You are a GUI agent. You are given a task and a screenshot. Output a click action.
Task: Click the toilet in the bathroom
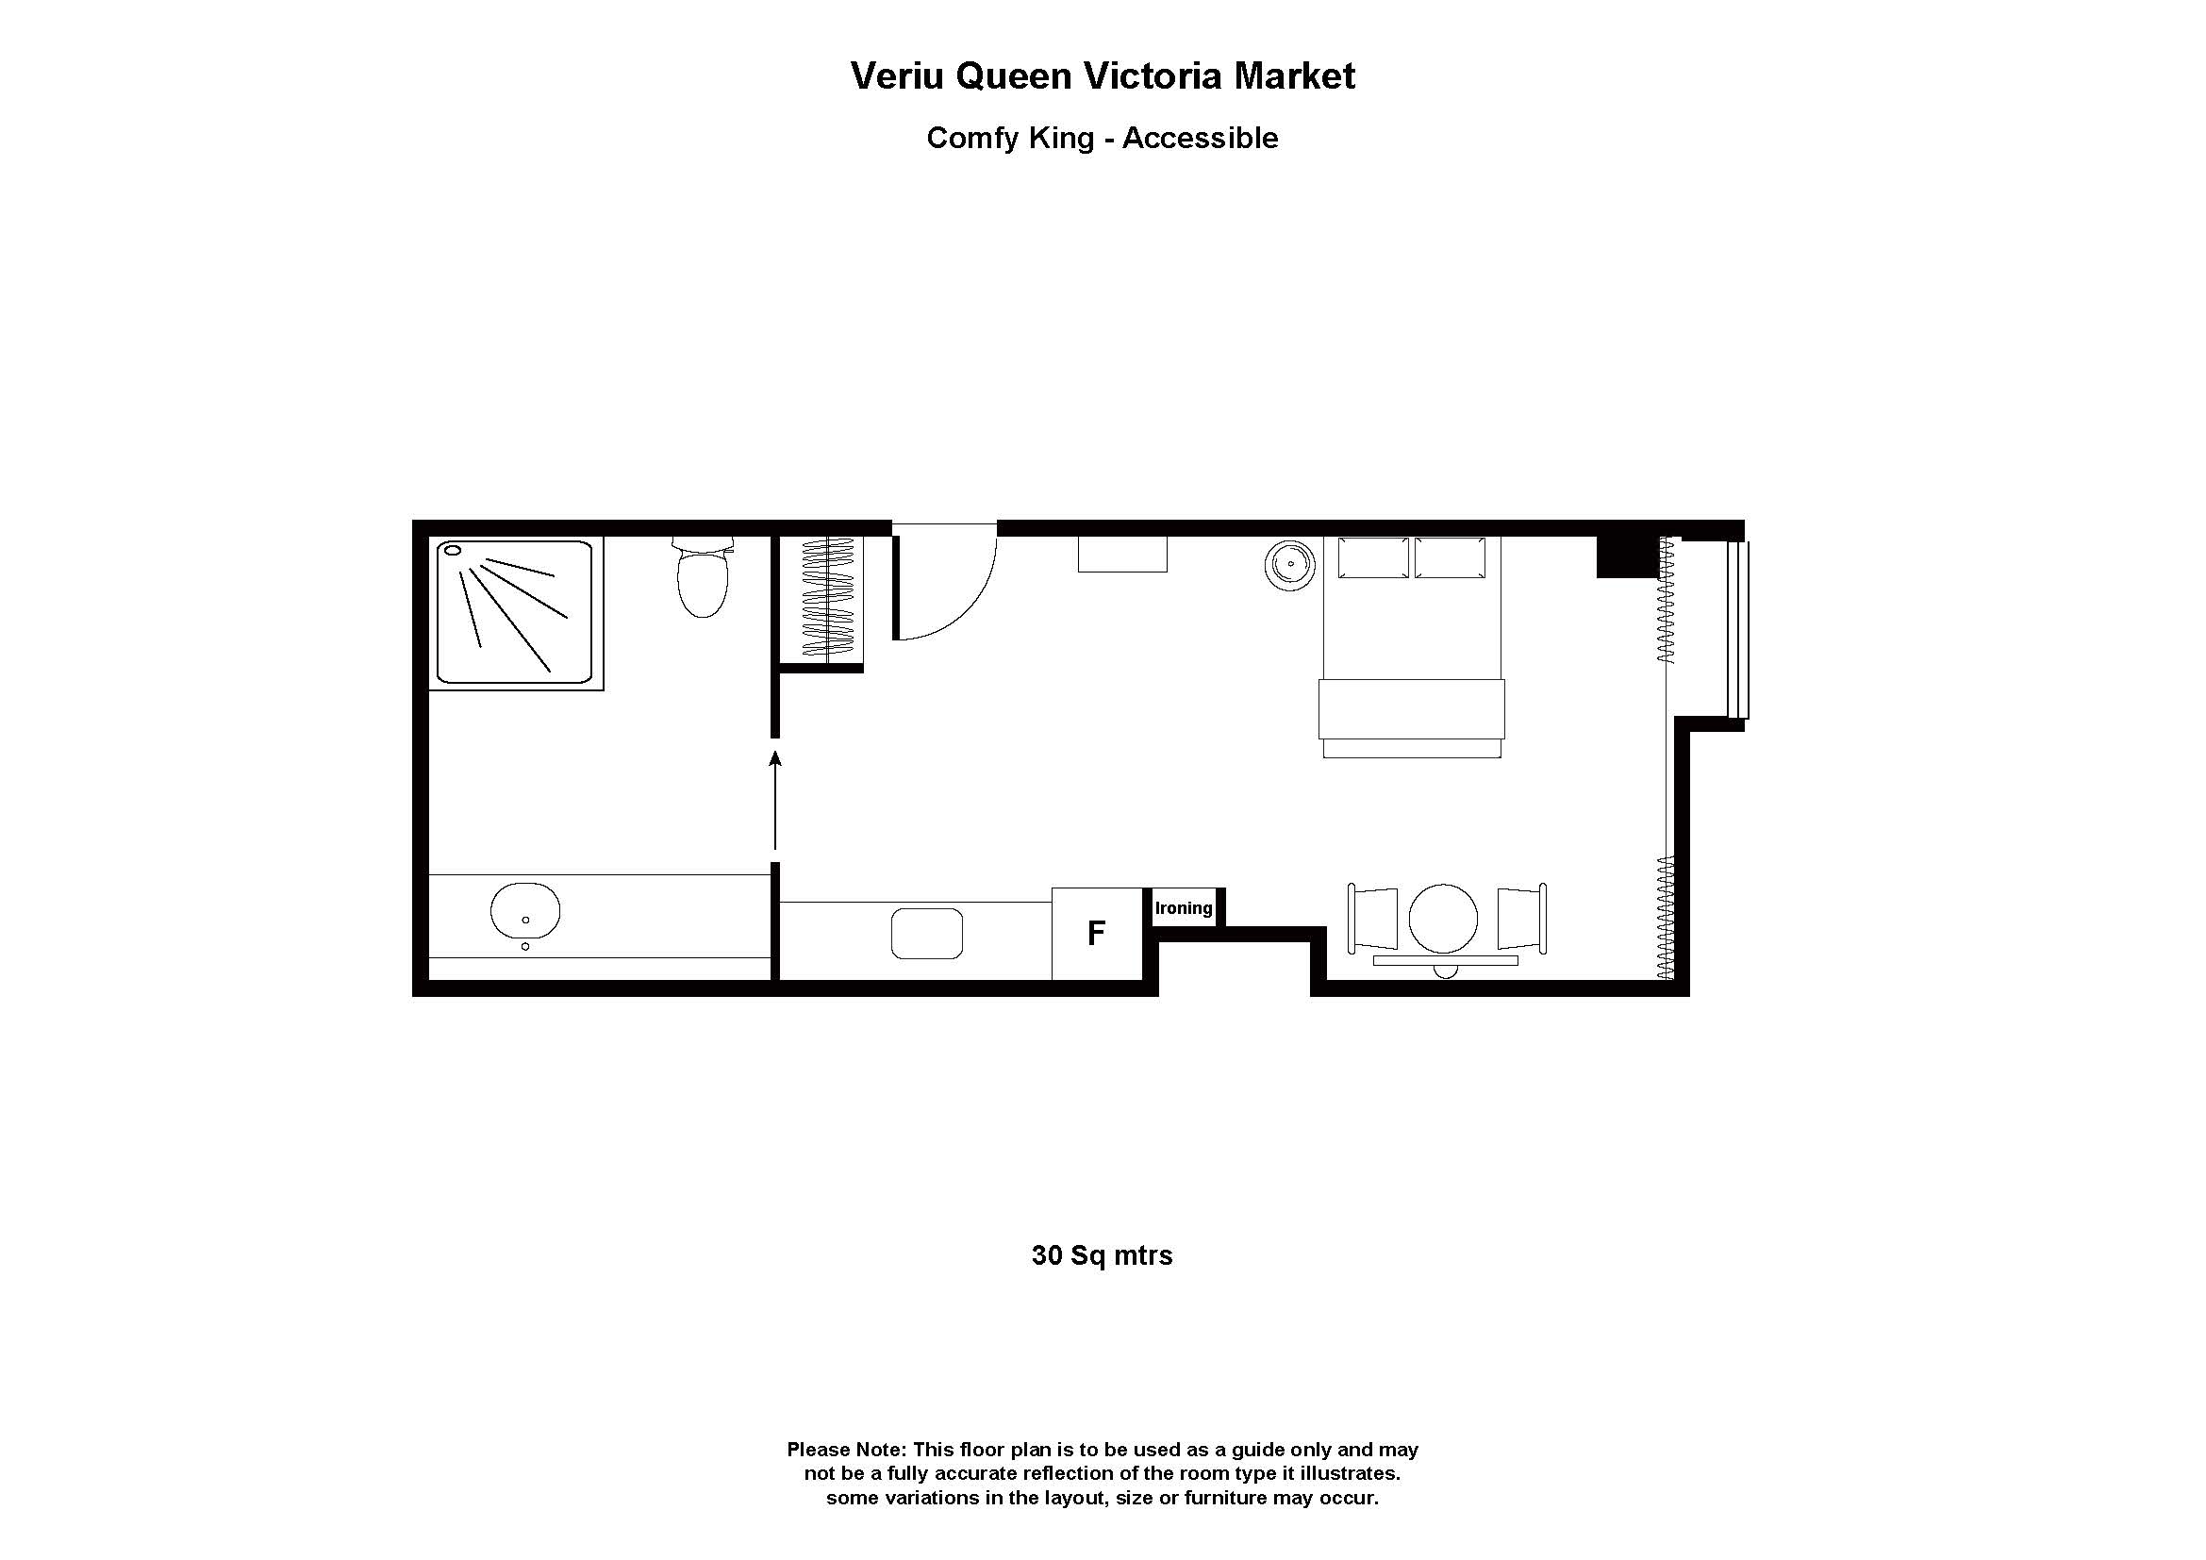pos(703,580)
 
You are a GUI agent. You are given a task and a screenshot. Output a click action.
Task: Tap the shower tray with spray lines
pos(515,612)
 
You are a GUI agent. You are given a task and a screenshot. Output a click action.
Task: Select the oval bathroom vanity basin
pos(524,911)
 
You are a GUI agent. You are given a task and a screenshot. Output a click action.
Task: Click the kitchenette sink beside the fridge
pos(927,933)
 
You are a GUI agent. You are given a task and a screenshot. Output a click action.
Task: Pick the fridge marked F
pos(1096,933)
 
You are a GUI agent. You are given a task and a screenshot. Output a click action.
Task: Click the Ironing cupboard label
pos(1184,907)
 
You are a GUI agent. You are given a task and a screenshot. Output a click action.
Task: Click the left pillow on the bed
pos(1373,558)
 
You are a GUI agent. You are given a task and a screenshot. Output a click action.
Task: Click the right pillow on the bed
pos(1450,558)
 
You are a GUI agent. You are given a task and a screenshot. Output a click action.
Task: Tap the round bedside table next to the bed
pos(1289,565)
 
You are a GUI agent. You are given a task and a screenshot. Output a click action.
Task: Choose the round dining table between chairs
pos(1443,919)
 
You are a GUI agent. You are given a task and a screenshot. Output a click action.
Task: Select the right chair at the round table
pos(1521,919)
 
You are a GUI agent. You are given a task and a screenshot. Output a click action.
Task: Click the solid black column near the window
pos(1628,558)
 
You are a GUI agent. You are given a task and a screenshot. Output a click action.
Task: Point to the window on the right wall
pos(1738,629)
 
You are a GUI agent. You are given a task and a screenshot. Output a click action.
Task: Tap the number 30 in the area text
pos(1046,1255)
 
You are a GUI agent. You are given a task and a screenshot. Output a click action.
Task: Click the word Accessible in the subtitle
pos(1200,139)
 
